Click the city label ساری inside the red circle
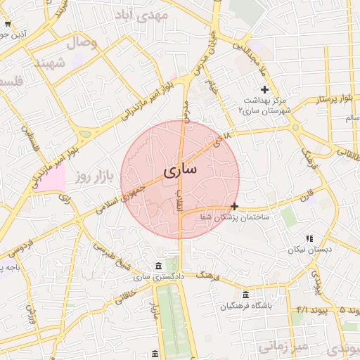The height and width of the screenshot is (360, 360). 180,170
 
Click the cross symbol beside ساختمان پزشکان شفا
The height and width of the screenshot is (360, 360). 234,206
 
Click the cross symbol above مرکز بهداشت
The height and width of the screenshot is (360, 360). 264,89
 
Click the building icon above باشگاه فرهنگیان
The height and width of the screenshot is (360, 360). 245,295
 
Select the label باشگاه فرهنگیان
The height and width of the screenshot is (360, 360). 245,306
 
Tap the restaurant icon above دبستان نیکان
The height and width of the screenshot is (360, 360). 309,238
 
